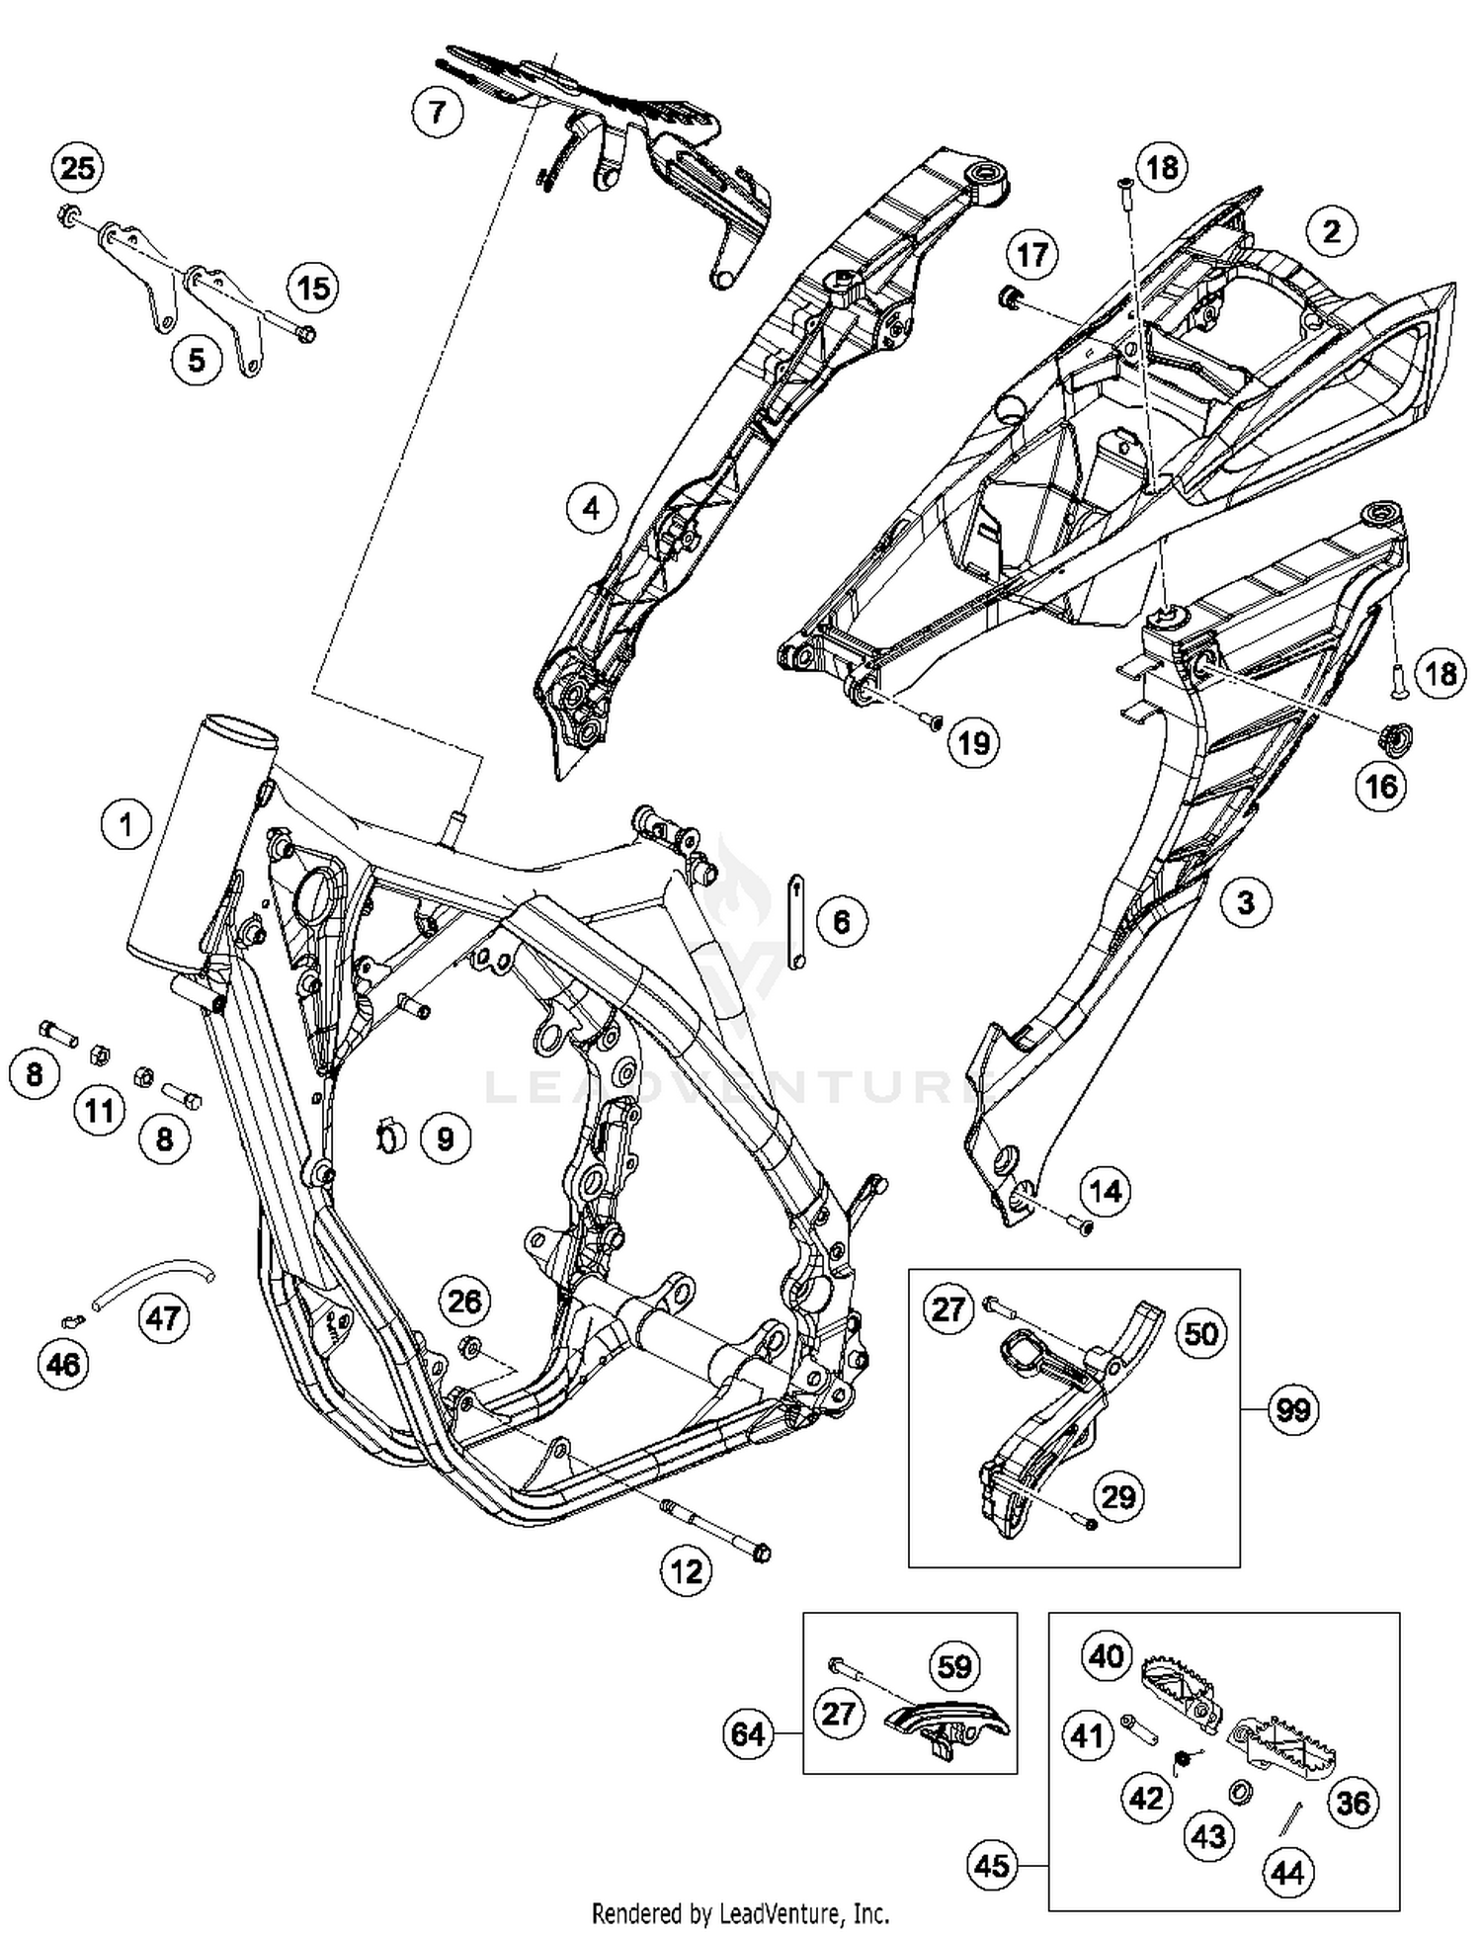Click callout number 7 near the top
coord(437,112)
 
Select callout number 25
coord(77,168)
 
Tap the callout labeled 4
coord(591,508)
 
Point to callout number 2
coord(1331,232)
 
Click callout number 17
coord(1031,255)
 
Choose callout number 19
coord(974,742)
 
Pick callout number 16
coord(1380,786)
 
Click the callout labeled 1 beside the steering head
coord(126,824)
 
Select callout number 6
coord(841,921)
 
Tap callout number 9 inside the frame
coord(445,1138)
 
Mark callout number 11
coord(99,1111)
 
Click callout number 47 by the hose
coord(164,1317)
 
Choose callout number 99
coord(1292,1409)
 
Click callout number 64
coord(748,1733)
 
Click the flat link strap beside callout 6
coord(795,921)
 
